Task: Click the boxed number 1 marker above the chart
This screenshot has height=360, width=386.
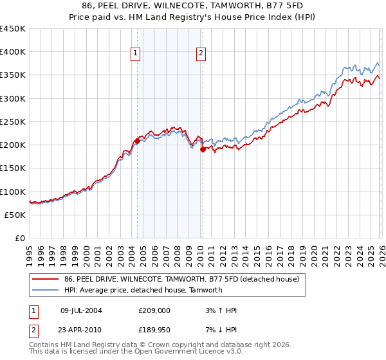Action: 136,54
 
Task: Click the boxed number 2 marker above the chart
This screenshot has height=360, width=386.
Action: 201,54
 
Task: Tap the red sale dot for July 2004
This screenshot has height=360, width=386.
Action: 137,141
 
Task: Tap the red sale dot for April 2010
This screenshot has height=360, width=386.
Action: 203,149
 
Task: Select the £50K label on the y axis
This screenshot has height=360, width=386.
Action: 15,215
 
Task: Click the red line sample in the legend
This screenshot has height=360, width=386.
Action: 46,280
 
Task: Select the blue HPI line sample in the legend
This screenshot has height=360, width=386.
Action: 46,290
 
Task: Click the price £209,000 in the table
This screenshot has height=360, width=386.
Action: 154,310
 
